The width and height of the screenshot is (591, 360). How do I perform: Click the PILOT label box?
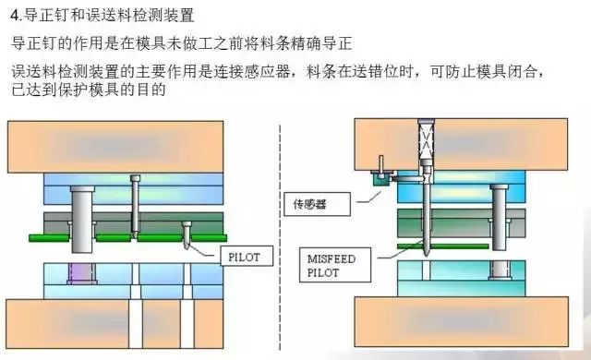245,257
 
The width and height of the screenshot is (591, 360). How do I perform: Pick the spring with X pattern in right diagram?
426,142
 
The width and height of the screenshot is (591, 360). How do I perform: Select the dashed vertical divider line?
280,231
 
